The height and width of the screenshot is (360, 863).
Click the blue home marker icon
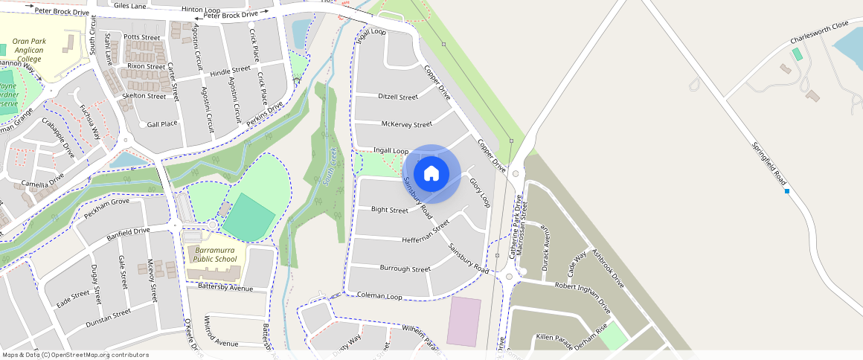point(431,174)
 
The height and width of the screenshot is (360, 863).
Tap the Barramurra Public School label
point(216,255)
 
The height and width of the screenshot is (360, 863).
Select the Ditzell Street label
point(398,97)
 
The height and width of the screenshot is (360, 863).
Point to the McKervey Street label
point(406,124)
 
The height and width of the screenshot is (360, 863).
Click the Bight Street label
point(390,210)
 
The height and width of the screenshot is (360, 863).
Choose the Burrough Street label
point(405,268)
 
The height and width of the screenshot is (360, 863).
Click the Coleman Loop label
point(379,296)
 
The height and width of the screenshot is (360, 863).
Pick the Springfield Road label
point(769,164)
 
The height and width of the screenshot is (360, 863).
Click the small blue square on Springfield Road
point(787,191)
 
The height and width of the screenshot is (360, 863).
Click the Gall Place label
point(162,124)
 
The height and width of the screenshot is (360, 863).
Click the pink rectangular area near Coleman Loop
point(464,321)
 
